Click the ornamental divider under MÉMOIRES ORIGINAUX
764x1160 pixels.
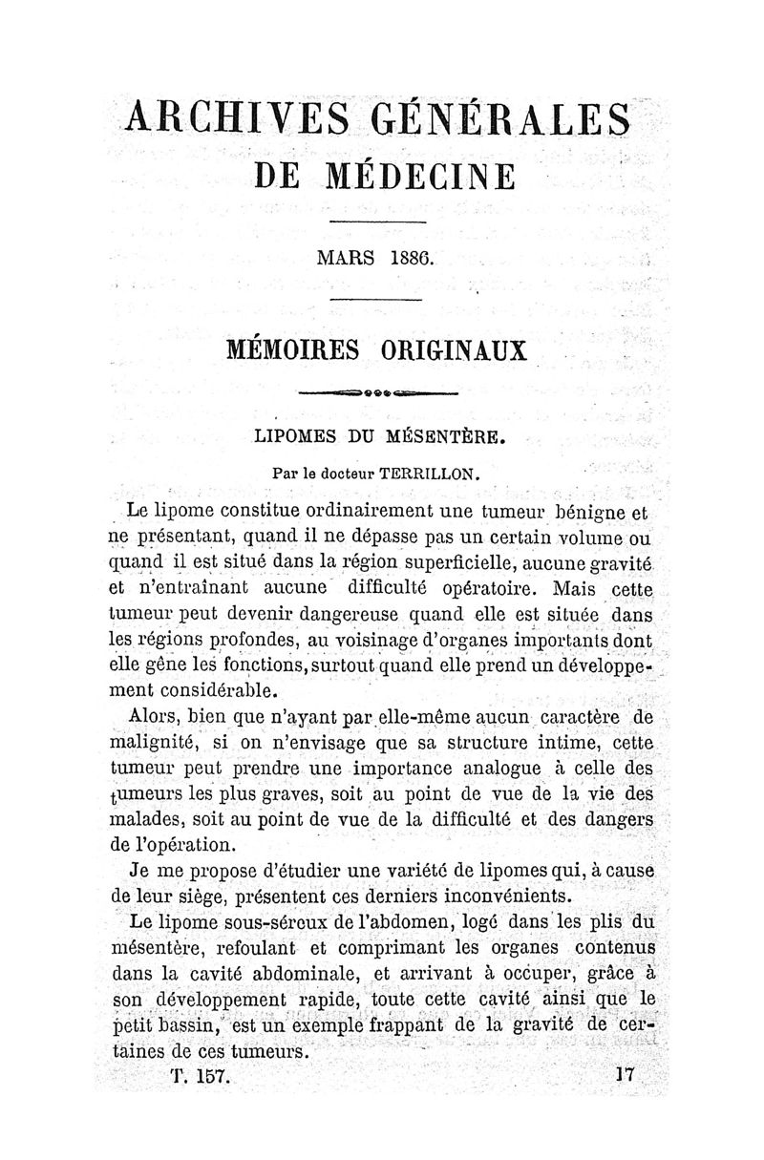tap(379, 392)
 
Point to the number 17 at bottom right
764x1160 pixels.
tap(626, 1073)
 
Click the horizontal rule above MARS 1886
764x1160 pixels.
tap(377, 223)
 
